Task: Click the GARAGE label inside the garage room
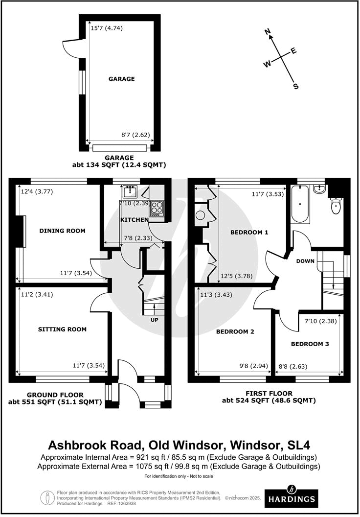[122, 79]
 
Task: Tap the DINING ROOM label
[63, 231]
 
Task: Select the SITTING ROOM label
[62, 329]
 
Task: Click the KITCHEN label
[135, 220]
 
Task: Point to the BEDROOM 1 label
[250, 232]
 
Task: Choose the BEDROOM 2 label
[235, 331]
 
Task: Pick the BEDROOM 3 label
[310, 344]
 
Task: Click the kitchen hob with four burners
[157, 208]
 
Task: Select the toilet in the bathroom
[336, 206]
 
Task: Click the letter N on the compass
[268, 32]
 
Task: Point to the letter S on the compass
[295, 86]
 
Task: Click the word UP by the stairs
[154, 320]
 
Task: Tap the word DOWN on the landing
[305, 261]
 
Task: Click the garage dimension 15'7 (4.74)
[107, 28]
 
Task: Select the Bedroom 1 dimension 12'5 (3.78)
[236, 276]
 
